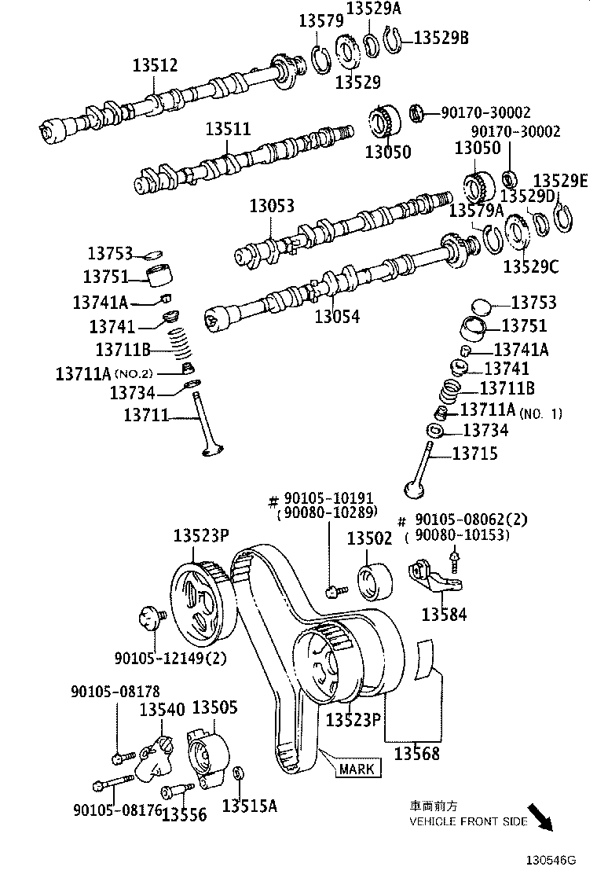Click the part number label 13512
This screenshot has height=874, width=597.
click(155, 66)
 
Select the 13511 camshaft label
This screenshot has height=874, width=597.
click(229, 128)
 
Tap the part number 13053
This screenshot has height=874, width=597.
click(272, 206)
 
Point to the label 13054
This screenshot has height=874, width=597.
click(337, 317)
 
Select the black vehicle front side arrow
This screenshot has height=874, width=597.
click(540, 814)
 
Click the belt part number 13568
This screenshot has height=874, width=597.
click(416, 752)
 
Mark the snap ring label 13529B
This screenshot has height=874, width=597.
click(441, 36)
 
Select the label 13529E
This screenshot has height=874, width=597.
click(560, 182)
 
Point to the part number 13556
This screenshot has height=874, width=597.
click(184, 814)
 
